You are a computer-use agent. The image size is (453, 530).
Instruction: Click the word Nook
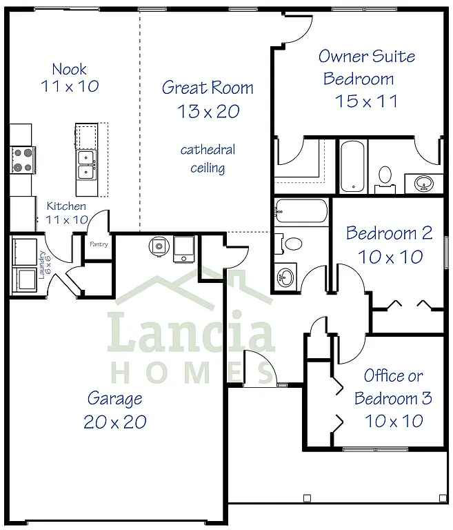[70, 68]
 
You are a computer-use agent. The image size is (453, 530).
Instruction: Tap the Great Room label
[208, 88]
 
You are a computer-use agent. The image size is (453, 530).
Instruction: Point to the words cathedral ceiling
[208, 158]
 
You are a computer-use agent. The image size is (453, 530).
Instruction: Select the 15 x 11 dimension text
[366, 101]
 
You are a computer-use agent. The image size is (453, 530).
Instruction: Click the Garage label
[114, 398]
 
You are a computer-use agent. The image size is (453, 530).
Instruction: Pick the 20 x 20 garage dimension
[114, 422]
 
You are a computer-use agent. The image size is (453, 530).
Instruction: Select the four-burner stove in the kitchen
[21, 159]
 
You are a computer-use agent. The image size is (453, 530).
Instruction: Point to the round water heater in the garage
[159, 245]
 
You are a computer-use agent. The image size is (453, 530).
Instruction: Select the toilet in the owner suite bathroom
[385, 177]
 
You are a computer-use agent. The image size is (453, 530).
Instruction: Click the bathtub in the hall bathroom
[302, 212]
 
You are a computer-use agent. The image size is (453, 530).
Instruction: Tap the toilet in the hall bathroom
[292, 243]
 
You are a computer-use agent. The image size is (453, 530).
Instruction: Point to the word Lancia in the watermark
[192, 333]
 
